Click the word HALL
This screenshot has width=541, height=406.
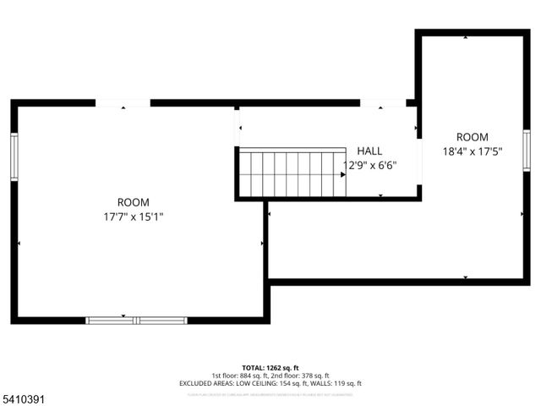click(x=369, y=151)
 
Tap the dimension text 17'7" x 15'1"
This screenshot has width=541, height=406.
click(x=134, y=217)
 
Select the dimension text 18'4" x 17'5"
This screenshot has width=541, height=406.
click(x=473, y=152)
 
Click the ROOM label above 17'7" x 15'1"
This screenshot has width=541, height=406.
click(x=134, y=202)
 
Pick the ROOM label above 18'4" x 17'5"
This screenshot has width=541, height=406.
click(x=473, y=137)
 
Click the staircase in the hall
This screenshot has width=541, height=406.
click(x=292, y=173)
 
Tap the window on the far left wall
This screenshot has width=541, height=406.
click(x=14, y=156)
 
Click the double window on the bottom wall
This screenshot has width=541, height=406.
click(x=137, y=320)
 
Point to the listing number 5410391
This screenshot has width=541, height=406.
click(x=23, y=397)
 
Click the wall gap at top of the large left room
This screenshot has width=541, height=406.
click(x=123, y=103)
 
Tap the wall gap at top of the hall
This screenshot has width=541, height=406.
click(x=382, y=103)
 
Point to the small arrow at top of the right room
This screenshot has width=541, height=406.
click(x=466, y=38)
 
